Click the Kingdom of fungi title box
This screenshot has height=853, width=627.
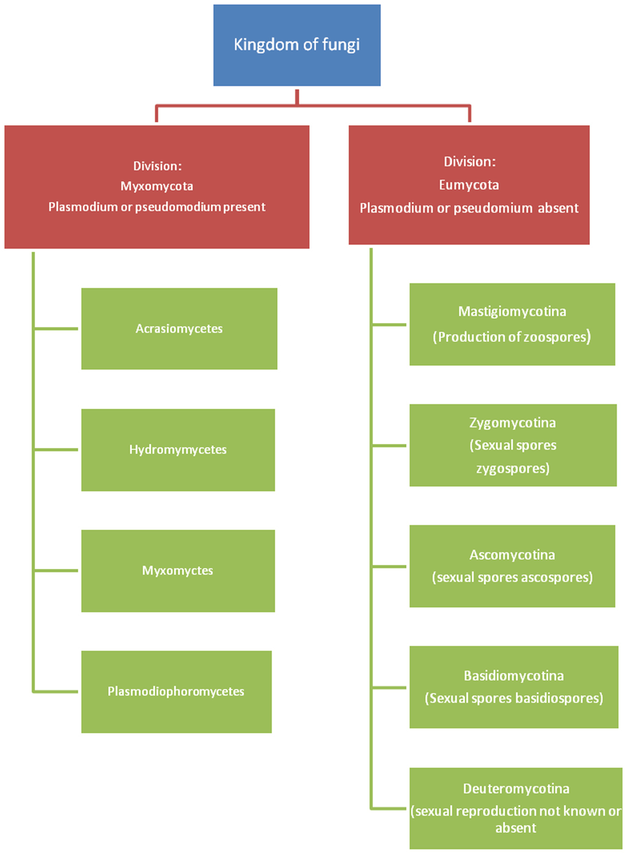[x=297, y=45]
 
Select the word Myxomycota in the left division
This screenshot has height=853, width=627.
[x=157, y=186]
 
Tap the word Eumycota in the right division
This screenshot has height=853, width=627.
[x=469, y=185]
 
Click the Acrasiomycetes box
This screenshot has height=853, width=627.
[x=179, y=328]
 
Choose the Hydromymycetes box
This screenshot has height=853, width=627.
[x=178, y=450]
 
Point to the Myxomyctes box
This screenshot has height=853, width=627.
[x=178, y=570]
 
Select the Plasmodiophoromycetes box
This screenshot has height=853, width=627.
[x=176, y=691]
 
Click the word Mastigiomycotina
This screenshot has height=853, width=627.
[x=512, y=311]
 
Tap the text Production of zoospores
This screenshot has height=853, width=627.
[x=512, y=337]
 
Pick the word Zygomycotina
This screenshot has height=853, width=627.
[x=512, y=422]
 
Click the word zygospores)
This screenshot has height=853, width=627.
[x=513, y=468]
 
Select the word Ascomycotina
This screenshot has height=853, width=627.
[x=512, y=554]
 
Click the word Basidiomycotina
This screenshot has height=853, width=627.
[x=514, y=676]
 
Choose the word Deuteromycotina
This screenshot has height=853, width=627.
[x=516, y=789]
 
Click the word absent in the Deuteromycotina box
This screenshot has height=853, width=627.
[x=515, y=828]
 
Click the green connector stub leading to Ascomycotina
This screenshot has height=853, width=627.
[x=389, y=566]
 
